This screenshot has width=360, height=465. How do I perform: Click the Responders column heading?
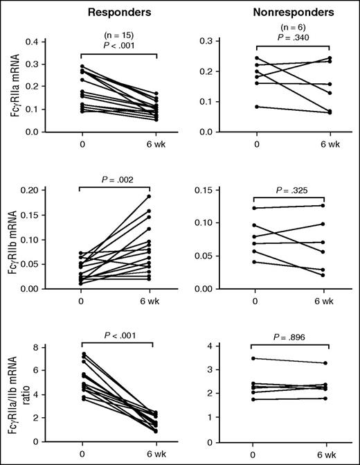[117, 12]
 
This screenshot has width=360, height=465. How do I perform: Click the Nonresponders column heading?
[288, 12]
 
